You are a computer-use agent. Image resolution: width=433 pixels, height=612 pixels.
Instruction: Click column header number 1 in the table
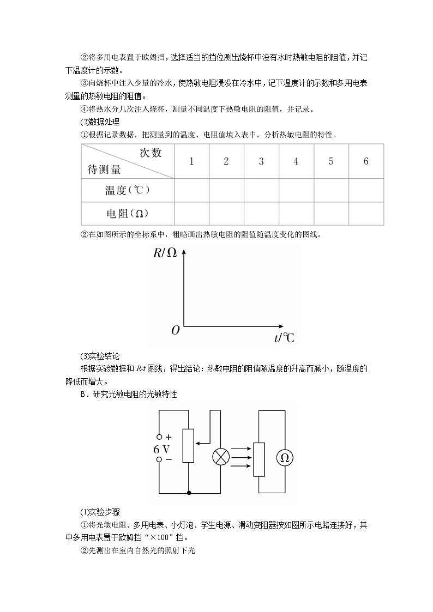[191, 161]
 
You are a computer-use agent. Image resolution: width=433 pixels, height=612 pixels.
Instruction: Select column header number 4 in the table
[296, 161]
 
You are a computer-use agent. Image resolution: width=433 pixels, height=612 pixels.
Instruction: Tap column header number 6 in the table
[366, 161]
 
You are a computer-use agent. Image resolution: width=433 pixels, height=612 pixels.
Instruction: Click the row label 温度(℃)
[127, 190]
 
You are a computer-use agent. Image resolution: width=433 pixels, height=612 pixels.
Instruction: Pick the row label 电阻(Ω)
[127, 214]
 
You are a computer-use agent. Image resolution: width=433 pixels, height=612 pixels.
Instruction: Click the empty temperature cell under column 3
[261, 190]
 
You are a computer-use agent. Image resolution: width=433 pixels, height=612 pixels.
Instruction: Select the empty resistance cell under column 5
[331, 214]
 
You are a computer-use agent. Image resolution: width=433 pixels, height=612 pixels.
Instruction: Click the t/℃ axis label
[284, 338]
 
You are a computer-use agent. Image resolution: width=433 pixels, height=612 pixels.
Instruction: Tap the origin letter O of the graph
[175, 330]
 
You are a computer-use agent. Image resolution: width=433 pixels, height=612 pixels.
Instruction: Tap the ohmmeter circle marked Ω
[284, 458]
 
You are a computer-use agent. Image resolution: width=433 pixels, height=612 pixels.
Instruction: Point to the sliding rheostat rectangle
[188, 446]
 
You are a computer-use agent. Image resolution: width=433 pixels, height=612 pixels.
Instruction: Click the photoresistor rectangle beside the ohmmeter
[259, 458]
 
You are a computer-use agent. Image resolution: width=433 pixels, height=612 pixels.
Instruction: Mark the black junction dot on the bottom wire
[189, 493]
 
